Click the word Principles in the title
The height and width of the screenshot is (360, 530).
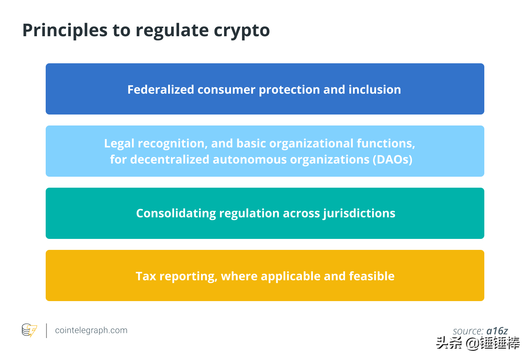coord(65,31)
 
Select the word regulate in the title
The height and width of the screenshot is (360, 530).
coord(172,31)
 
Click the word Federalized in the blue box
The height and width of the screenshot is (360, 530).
coord(161,89)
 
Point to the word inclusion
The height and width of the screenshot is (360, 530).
coord(375,89)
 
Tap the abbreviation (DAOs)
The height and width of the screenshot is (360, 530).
coord(392,160)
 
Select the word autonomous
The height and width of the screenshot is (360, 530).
coord(250,160)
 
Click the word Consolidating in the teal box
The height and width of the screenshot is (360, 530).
coord(176,213)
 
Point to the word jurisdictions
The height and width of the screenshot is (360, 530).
coord(359,213)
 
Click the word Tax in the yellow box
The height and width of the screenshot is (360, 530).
coord(146,276)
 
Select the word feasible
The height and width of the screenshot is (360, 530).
coord(371,276)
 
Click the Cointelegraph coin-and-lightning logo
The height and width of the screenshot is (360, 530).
coord(29,330)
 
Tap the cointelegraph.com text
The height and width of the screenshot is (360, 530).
coord(91,330)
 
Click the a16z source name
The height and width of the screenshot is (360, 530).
coord(497,331)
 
